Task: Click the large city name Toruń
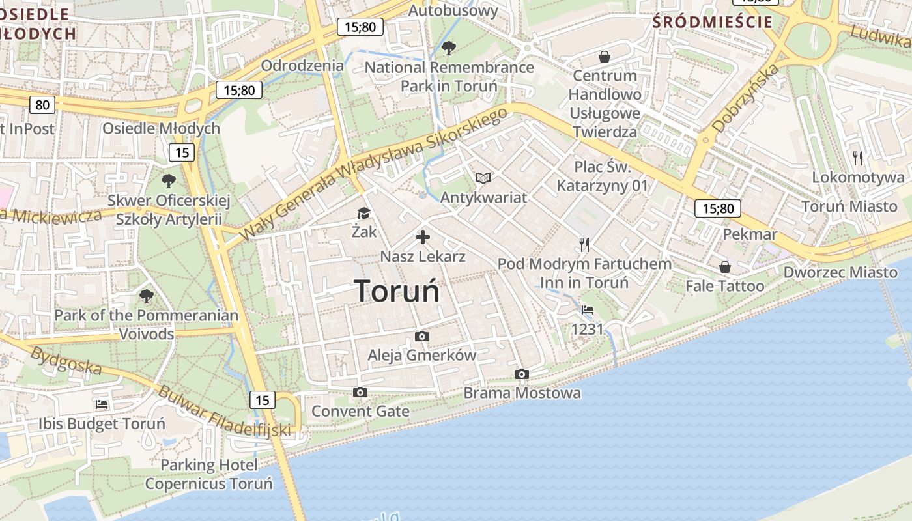point(397,290)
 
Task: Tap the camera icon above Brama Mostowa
point(521,374)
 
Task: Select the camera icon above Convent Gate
point(360,392)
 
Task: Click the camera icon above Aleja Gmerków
point(422,336)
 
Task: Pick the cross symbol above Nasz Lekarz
point(423,237)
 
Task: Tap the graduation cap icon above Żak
point(363,213)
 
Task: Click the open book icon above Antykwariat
point(483,178)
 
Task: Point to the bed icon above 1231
point(588,310)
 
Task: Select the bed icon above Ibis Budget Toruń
point(102,404)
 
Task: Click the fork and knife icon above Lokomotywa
point(858,158)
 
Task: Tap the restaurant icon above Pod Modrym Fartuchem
point(584,245)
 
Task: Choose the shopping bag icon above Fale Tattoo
point(724,267)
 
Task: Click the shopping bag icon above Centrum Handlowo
point(605,57)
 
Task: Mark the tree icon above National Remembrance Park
point(448,48)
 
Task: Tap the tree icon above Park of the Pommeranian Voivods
point(146,296)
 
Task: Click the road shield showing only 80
point(42,104)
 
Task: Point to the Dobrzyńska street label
point(746,98)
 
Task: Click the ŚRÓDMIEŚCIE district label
point(712,22)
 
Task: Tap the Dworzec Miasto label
point(840,272)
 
